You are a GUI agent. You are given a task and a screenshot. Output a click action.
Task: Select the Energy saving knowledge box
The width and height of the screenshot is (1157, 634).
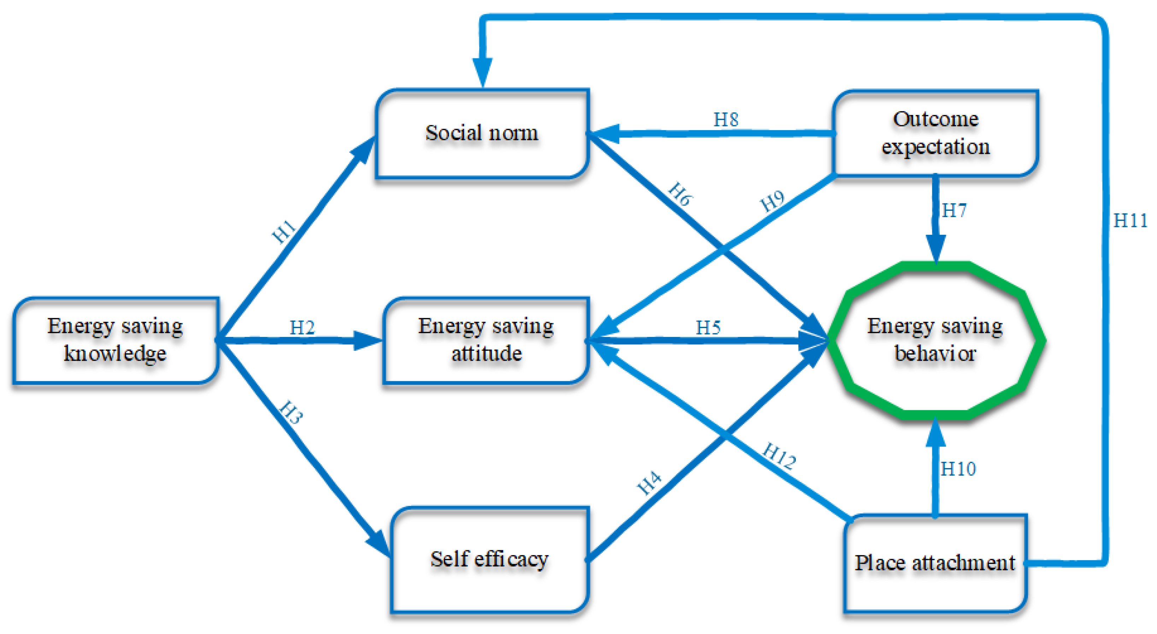click(x=116, y=340)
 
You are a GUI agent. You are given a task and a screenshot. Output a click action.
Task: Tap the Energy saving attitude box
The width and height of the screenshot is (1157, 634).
click(x=486, y=340)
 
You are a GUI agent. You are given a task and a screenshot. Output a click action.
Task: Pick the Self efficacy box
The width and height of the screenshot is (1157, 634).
click(x=489, y=559)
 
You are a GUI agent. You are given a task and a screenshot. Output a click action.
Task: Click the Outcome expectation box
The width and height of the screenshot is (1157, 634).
click(x=935, y=133)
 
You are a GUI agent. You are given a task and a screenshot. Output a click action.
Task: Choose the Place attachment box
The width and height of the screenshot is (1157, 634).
click(x=935, y=563)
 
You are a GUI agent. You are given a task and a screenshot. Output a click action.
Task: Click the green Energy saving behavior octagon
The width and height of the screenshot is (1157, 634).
click(x=935, y=340)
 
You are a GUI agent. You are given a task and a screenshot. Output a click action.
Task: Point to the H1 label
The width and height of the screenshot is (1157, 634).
click(x=284, y=231)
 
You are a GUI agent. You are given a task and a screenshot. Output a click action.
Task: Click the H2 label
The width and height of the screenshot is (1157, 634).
click(x=302, y=327)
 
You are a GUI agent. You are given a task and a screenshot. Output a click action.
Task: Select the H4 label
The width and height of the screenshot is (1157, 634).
click(x=650, y=483)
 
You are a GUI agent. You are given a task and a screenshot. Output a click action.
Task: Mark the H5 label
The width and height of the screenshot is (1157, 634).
click(x=708, y=327)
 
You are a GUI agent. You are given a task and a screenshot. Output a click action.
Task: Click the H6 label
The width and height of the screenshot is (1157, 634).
click(x=681, y=194)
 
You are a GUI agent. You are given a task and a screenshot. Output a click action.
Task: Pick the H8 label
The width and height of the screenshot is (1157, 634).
click(x=726, y=120)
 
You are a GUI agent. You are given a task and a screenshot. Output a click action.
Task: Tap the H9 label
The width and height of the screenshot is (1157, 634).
click(x=772, y=201)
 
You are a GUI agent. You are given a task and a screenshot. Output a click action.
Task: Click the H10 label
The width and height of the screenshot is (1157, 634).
click(x=958, y=469)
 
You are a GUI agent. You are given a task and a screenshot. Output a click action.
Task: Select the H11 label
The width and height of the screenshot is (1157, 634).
click(x=1130, y=221)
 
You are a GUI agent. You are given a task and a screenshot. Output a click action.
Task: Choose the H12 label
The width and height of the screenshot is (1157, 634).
click(x=780, y=456)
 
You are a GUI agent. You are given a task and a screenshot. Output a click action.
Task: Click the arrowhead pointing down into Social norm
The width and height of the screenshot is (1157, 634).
click(x=482, y=72)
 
